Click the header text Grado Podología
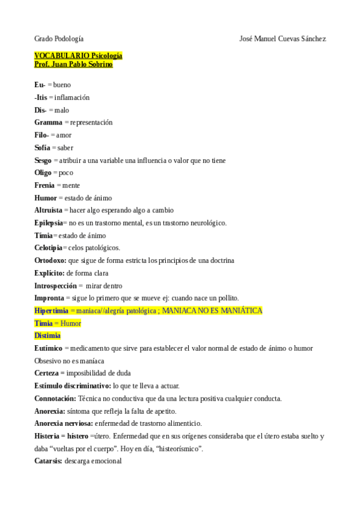(x=59, y=38)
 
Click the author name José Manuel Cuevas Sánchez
(x=282, y=38)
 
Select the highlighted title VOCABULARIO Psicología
(x=78, y=55)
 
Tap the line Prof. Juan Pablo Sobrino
(x=73, y=64)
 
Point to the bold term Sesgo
(x=43, y=160)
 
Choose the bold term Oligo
(x=43, y=173)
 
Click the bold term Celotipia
(x=48, y=248)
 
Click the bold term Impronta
(x=49, y=298)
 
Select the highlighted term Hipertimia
(x=51, y=310)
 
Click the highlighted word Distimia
(x=47, y=336)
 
